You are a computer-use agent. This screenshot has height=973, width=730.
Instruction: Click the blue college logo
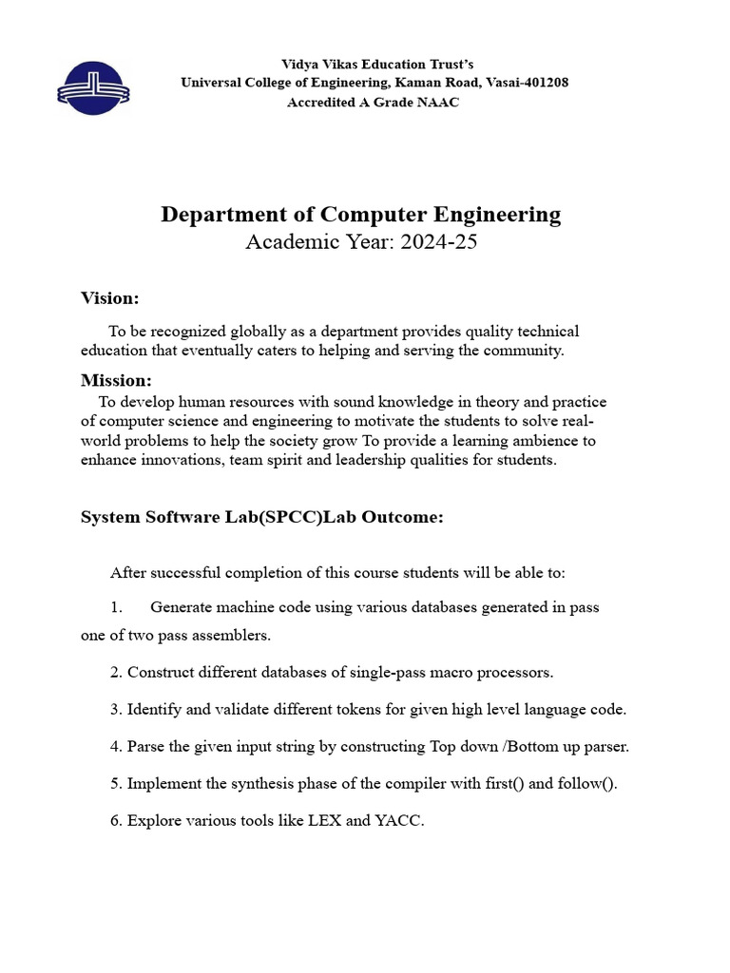[93, 88]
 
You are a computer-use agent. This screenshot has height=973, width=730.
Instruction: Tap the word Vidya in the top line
[299, 64]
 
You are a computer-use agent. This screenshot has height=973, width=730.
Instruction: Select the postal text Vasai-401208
[527, 83]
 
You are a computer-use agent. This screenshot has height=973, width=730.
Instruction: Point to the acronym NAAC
[437, 102]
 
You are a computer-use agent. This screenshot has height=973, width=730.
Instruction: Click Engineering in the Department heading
[497, 215]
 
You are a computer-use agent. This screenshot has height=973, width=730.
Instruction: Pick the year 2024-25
[438, 242]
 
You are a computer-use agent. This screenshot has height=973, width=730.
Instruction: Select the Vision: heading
[109, 298]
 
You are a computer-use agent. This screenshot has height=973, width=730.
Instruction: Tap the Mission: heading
[116, 380]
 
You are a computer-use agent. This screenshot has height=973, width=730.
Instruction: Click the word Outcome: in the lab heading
[398, 518]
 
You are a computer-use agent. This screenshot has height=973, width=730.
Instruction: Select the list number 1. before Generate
[116, 607]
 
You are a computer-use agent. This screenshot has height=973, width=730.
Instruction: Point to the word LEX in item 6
[324, 821]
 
